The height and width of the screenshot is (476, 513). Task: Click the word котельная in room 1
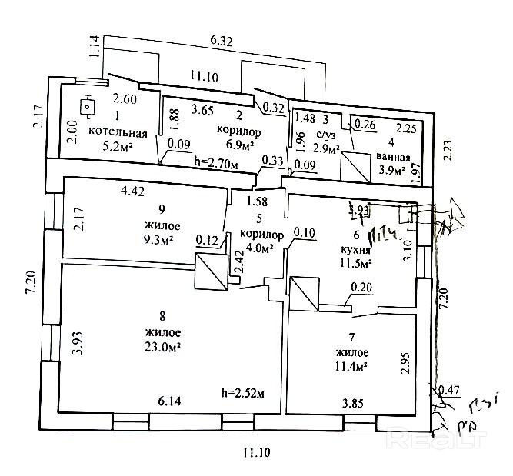coord(118,131)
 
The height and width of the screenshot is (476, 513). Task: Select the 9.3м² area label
coord(157,239)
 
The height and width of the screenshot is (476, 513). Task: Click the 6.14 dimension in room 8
coord(171,401)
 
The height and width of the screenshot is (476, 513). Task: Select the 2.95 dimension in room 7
coord(405,361)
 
